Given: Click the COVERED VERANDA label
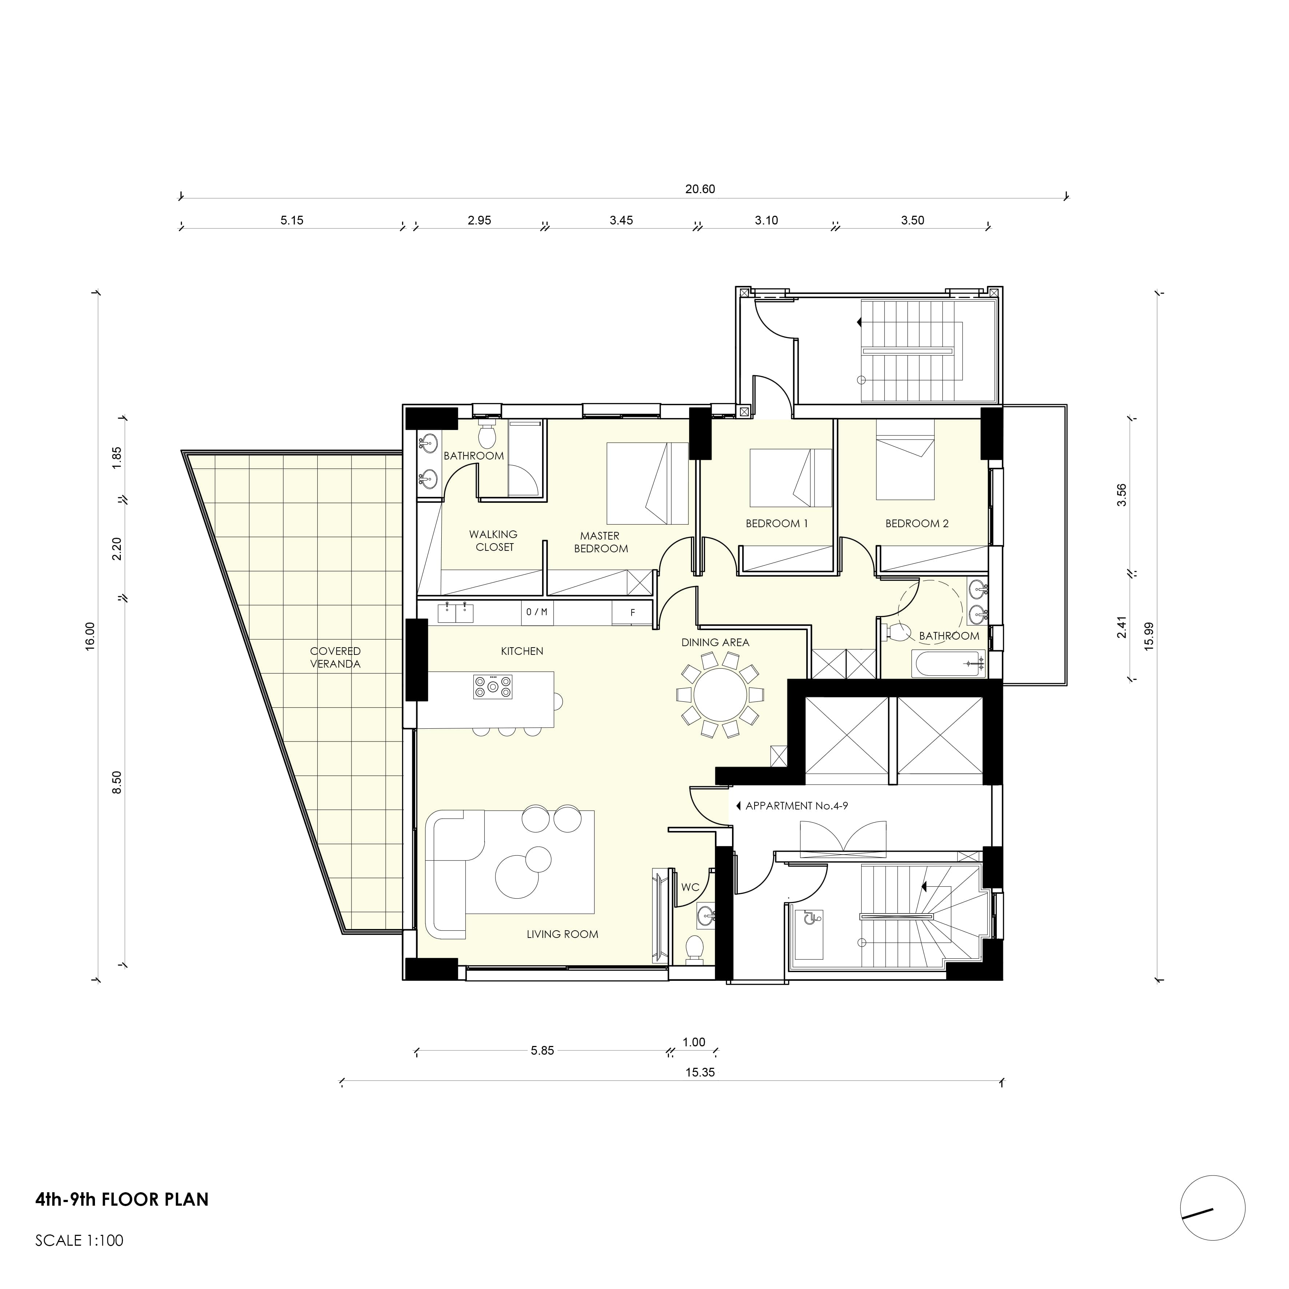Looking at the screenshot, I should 335,657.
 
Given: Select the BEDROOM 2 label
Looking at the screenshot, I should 917,524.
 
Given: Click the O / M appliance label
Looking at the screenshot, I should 536,612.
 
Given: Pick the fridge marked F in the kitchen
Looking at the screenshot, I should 632,612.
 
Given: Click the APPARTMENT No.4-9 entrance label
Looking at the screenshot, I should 796,806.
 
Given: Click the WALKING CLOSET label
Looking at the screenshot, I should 494,540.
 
